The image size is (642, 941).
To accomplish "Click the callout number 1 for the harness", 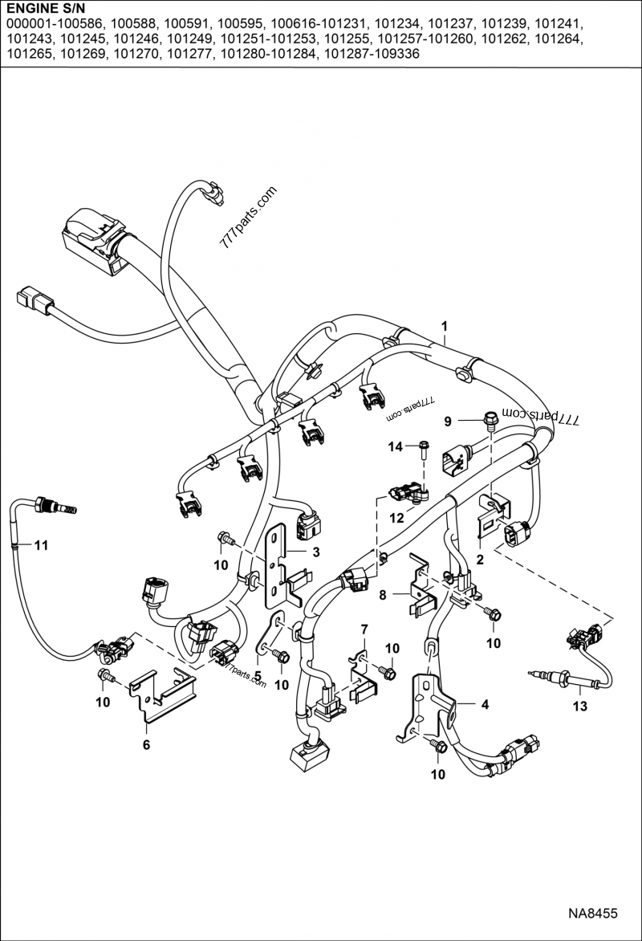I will point(444,325).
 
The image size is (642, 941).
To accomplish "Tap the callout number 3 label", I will point(316,552).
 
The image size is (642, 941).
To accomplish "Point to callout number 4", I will point(484,705).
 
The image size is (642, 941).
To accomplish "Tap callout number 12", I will point(396,519).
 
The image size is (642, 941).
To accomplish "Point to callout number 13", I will point(579,707).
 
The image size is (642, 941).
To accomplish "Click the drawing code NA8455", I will point(592,914).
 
